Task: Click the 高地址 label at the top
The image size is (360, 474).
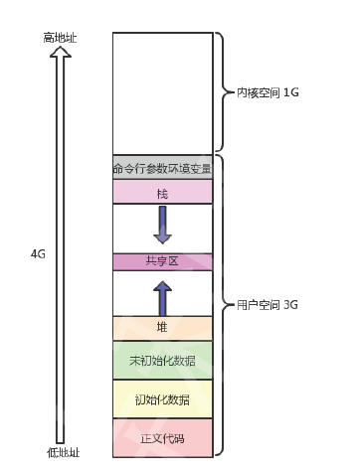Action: tap(61, 37)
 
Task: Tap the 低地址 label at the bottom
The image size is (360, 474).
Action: tap(63, 452)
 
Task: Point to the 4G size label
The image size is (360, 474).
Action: tap(38, 253)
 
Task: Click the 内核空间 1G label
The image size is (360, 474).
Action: tap(268, 92)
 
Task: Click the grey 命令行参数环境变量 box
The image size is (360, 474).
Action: tap(162, 167)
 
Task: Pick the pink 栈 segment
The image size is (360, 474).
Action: tap(162, 192)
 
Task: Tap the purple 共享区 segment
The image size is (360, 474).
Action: tap(162, 261)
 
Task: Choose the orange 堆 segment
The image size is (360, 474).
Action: tap(162, 327)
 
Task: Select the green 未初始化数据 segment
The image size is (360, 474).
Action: tap(162, 359)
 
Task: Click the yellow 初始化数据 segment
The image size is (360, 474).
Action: tap(162, 398)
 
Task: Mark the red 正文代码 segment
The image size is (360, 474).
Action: tap(162, 437)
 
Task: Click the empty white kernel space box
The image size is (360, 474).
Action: tap(162, 92)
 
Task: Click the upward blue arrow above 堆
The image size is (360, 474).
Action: tap(162, 296)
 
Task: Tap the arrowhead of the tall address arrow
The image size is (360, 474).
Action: tap(61, 56)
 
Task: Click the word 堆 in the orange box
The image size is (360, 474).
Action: tap(162, 327)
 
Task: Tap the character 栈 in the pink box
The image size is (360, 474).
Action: tap(162, 192)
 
